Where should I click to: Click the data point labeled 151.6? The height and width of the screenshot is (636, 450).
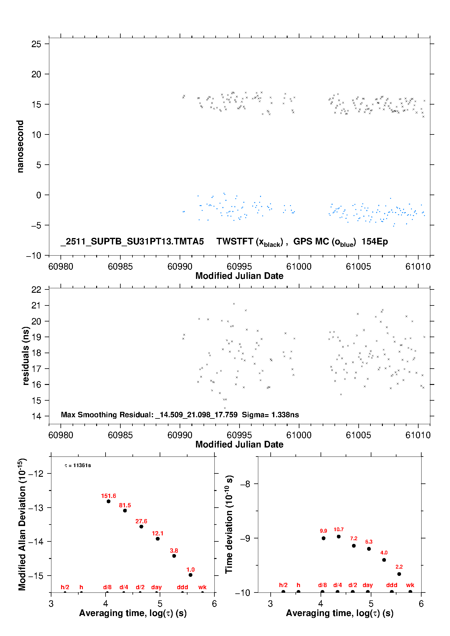pos(109,501)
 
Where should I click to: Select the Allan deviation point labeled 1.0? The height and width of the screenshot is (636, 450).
pos(191,575)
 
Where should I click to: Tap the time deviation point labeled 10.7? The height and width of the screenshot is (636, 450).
pos(339,537)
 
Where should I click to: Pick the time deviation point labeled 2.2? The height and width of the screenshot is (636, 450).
pos(399,574)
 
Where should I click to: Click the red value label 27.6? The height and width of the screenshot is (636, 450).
pos(141,521)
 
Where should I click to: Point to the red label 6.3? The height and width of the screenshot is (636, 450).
pos(369,542)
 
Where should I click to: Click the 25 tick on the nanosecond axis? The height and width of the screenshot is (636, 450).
pos(36,44)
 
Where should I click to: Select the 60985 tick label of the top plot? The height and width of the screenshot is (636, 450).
pos(120,267)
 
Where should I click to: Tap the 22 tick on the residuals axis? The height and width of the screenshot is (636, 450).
pos(36,290)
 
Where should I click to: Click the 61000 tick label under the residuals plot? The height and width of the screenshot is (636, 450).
pos(299,435)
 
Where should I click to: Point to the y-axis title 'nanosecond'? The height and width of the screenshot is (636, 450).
pos(20,147)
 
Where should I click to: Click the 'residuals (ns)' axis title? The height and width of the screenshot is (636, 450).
pos(26,356)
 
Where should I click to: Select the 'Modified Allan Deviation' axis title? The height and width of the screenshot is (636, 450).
pos(22,524)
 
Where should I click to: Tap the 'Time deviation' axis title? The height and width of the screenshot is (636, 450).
pos(229,524)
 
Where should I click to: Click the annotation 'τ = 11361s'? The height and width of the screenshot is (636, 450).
pos(78,466)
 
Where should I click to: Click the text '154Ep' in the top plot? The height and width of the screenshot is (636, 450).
pos(375,242)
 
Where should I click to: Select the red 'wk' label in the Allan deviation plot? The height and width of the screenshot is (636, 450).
pos(202,587)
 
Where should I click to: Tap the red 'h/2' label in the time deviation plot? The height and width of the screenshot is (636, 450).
pos(283,585)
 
